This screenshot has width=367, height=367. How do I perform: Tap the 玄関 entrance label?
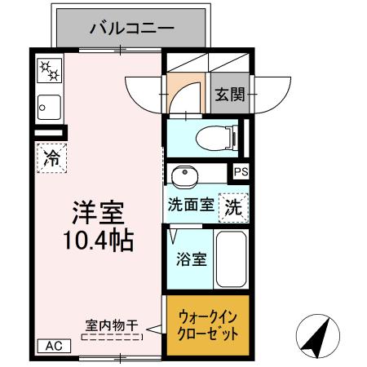[x=229, y=95]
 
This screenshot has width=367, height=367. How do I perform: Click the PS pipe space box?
[x=241, y=172]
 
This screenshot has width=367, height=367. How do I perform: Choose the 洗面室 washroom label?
[x=191, y=206]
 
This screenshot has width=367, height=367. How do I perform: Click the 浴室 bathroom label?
[x=192, y=261]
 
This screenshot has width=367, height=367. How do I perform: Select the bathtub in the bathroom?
[x=232, y=259]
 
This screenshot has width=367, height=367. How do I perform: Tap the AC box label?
[x=52, y=346]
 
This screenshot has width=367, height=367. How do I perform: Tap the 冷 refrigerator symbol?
[x=51, y=157]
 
